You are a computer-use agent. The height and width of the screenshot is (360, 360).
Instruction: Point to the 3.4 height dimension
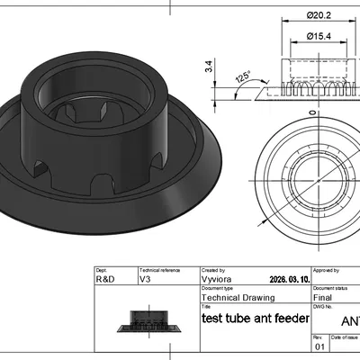click(210, 67)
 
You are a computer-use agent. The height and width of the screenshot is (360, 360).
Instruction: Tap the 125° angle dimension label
click(243, 77)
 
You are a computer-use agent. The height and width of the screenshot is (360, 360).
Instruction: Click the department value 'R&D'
click(105, 280)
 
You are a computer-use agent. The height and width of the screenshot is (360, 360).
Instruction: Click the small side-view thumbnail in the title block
click(146, 320)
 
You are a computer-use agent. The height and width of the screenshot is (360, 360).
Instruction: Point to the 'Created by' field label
click(213, 269)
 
